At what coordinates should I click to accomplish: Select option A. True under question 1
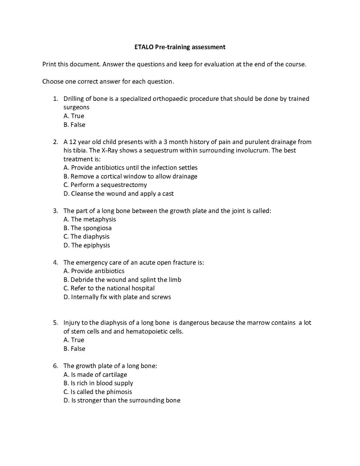click(x=74, y=116)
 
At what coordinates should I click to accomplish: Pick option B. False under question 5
click(x=74, y=349)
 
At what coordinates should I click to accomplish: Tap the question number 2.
click(x=55, y=142)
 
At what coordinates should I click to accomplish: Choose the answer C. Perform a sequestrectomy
click(x=105, y=185)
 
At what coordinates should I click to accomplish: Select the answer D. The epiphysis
click(x=87, y=245)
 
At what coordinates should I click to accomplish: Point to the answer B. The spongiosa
click(x=87, y=228)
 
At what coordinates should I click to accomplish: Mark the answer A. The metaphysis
click(x=89, y=219)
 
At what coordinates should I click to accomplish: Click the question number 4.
click(x=55, y=263)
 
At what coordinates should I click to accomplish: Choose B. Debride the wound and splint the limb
click(x=122, y=280)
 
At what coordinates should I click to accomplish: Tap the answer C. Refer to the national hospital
click(x=109, y=288)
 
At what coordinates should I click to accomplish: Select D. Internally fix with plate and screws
click(x=117, y=297)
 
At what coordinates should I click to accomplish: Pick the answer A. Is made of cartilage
click(x=95, y=375)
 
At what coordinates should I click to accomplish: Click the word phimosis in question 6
click(x=119, y=392)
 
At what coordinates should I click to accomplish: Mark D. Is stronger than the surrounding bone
click(x=122, y=401)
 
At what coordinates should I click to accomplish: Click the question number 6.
click(x=55, y=366)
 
